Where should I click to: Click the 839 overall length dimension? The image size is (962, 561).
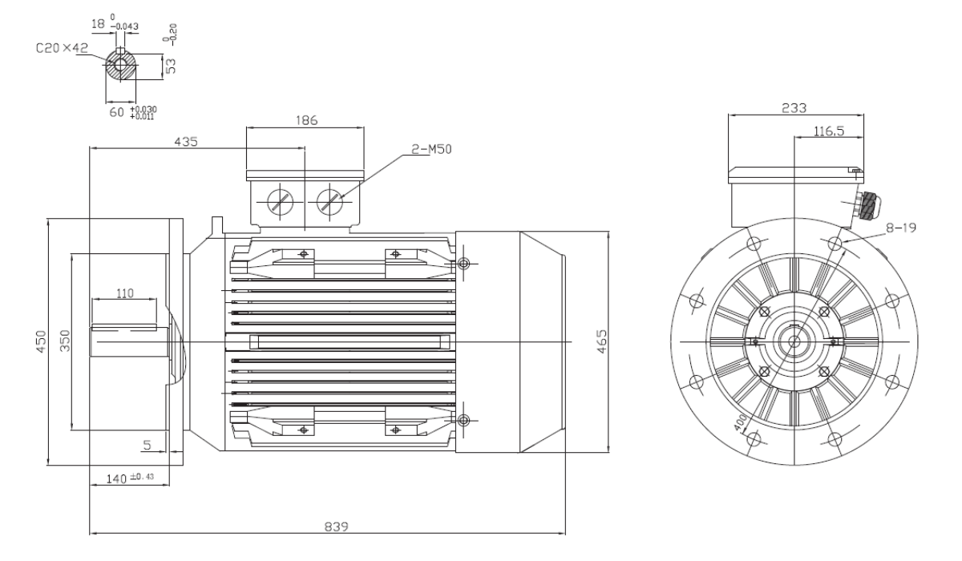[x=336, y=527]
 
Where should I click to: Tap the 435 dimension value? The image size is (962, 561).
[x=185, y=142]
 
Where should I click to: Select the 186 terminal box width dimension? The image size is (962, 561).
[x=306, y=120]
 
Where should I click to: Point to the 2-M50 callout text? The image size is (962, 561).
[x=431, y=149]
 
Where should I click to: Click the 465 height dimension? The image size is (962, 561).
[x=603, y=341]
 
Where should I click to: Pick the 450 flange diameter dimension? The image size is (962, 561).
[x=41, y=341]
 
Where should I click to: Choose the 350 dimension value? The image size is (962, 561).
[x=64, y=341]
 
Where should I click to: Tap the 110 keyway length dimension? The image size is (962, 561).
[x=125, y=293]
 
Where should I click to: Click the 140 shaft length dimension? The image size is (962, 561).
[x=116, y=478]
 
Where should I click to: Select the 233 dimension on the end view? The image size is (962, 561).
[x=794, y=108]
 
